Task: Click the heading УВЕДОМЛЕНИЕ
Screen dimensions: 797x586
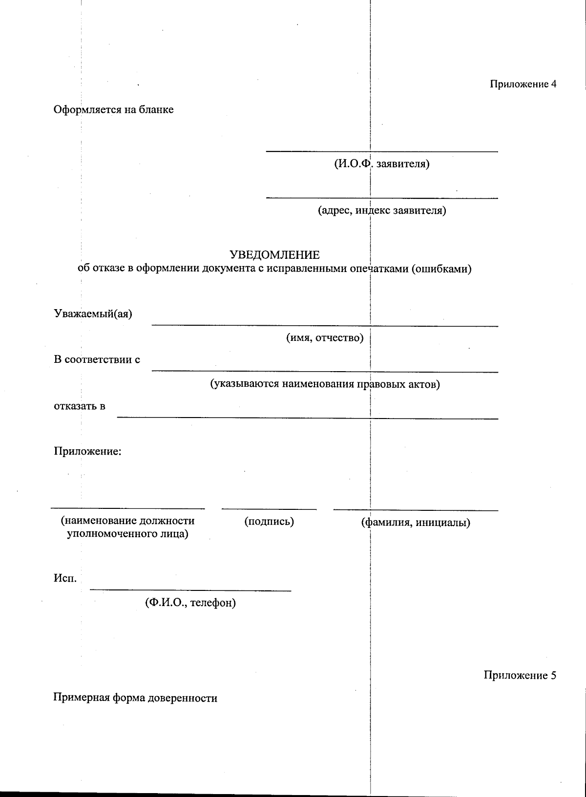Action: coord(274,255)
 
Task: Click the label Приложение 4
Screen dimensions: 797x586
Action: coord(523,84)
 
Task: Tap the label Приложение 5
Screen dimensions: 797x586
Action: coord(520,675)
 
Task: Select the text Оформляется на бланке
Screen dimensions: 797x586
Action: coord(113,109)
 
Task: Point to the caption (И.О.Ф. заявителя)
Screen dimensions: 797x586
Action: coord(382,164)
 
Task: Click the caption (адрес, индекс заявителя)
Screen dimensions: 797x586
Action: coord(382,210)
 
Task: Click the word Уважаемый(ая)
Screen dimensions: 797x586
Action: coord(93,314)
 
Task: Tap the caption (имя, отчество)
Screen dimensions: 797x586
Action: coord(325,338)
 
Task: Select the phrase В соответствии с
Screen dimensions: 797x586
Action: coord(97,360)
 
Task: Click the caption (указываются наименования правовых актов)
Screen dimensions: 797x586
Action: coord(325,384)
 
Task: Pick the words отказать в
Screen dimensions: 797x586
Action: coord(80,406)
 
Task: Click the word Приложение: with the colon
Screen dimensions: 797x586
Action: coord(87,451)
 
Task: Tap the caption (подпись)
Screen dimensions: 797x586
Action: coord(269,522)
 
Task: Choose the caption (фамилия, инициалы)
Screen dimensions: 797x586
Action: coord(416,523)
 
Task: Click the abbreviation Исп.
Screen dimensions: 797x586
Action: coord(65,579)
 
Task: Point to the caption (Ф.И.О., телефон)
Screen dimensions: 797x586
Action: coord(190,603)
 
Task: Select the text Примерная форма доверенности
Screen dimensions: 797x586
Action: coord(135,698)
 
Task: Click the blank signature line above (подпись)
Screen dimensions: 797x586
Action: coord(269,510)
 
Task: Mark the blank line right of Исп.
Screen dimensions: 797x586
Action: coord(190,591)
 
